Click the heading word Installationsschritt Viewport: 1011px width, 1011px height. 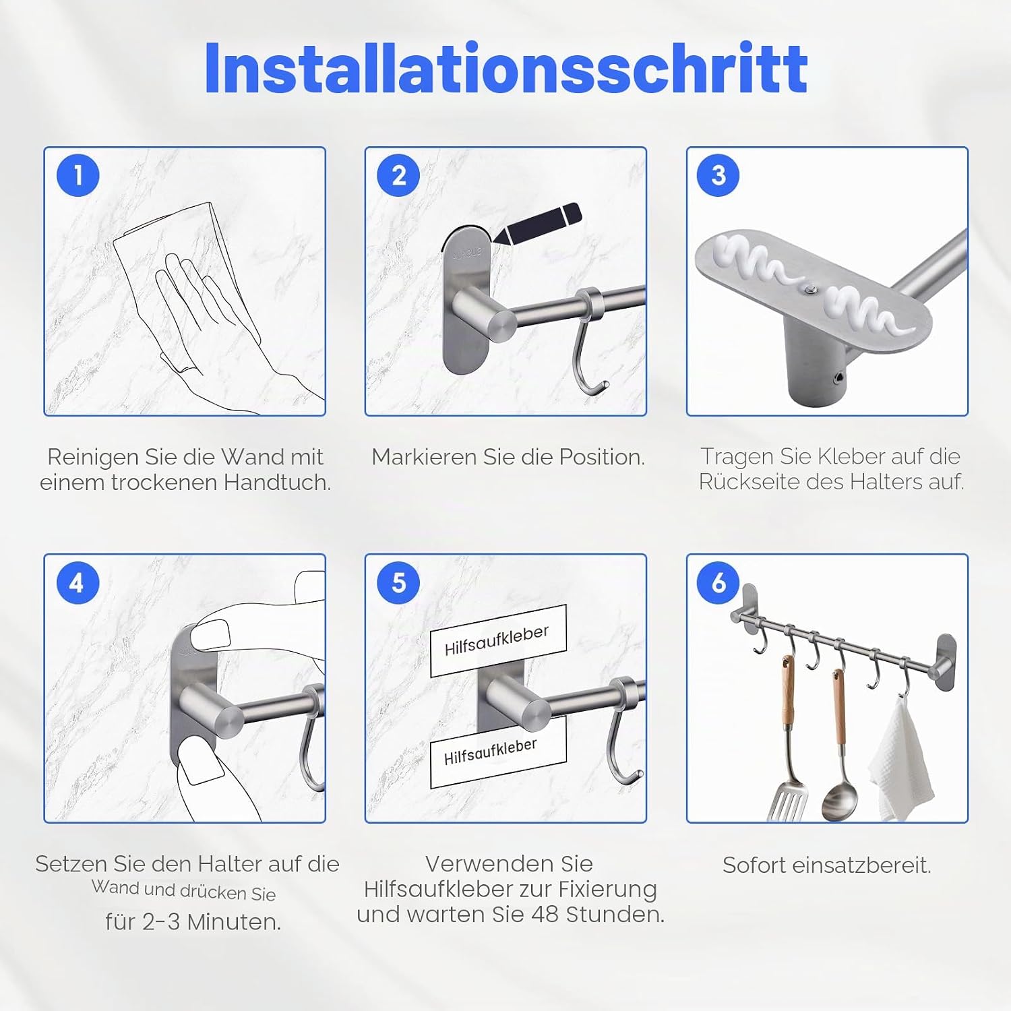tap(506, 68)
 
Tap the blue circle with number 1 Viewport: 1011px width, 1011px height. tap(78, 176)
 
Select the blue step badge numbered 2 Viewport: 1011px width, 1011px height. tap(399, 176)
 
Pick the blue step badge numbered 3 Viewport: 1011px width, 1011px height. tap(718, 176)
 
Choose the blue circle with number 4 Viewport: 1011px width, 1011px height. tap(78, 583)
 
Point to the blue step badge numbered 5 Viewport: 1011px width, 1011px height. tap(399, 583)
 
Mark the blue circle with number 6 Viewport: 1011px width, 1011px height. tap(718, 583)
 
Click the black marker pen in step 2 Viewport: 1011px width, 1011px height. tap(537, 224)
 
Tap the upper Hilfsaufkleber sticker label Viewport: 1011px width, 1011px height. tap(497, 640)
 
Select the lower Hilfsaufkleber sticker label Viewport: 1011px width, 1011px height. tap(497, 752)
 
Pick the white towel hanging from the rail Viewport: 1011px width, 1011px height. tap(902, 762)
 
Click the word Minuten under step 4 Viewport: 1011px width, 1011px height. tap(234, 921)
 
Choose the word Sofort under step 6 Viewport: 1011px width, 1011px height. tap(754, 865)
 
